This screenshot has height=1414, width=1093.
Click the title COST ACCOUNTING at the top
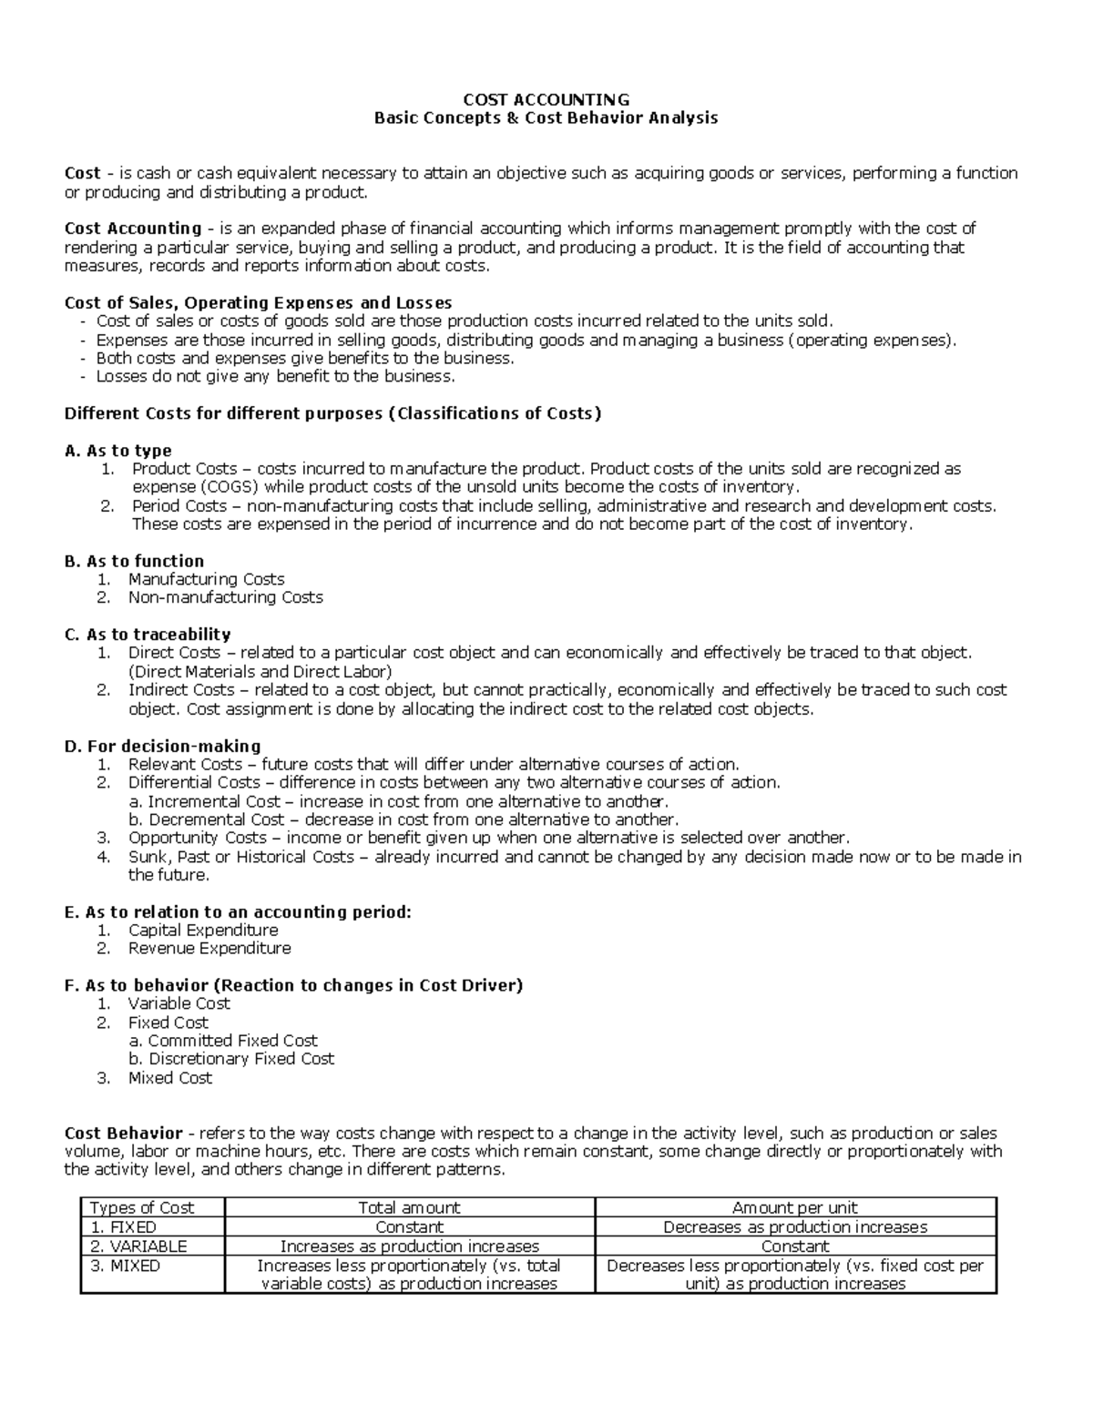tap(546, 99)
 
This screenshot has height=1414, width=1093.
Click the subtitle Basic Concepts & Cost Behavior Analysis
tap(546, 117)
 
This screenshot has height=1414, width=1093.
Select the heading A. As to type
tap(118, 451)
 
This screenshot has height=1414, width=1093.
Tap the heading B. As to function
tap(134, 561)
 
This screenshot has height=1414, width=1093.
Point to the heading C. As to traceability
tap(148, 635)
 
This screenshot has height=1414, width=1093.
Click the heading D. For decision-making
tap(163, 746)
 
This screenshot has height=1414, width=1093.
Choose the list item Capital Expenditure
tap(202, 930)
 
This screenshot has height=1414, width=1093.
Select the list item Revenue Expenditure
tap(209, 948)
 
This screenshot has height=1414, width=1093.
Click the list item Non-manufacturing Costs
tap(225, 597)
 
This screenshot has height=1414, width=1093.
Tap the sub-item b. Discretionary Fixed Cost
tap(231, 1059)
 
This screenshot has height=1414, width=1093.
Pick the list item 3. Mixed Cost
tap(169, 1078)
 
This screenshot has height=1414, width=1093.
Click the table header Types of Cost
tap(141, 1208)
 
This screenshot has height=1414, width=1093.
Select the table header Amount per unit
tap(795, 1208)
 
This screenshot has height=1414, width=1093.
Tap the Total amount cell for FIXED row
tap(409, 1227)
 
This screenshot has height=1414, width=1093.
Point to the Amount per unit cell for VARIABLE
tap(795, 1246)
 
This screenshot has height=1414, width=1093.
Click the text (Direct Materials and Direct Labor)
tap(260, 672)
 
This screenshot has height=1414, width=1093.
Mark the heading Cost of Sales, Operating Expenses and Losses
tap(258, 302)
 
